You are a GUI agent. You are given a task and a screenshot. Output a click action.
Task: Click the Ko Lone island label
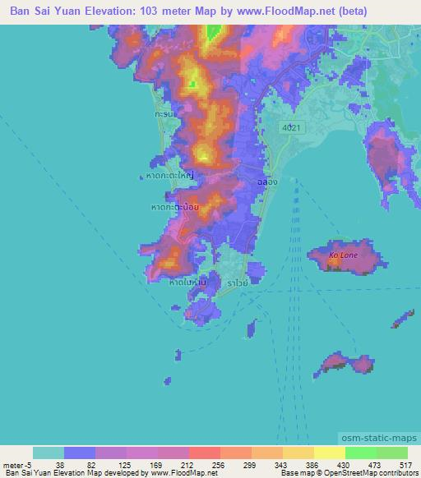[x=344, y=255]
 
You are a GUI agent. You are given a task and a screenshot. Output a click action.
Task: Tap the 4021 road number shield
[x=289, y=128]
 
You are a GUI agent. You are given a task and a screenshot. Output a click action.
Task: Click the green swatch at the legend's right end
[x=391, y=453]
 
